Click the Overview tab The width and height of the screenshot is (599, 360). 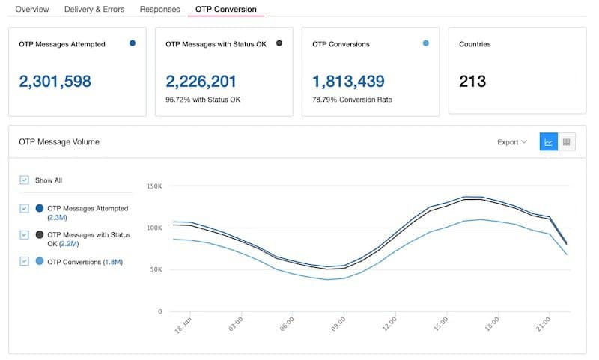(x=32, y=9)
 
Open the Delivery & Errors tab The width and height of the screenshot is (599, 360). (x=94, y=9)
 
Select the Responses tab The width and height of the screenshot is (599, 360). (x=159, y=9)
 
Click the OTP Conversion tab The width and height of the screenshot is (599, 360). (x=225, y=9)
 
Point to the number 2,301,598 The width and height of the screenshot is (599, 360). (x=55, y=81)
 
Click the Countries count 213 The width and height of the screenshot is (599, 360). (x=472, y=81)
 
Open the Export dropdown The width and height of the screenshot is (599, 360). (x=512, y=142)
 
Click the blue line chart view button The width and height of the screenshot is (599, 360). (x=549, y=142)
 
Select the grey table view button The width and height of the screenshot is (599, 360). (x=567, y=142)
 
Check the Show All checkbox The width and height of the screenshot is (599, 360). (x=25, y=180)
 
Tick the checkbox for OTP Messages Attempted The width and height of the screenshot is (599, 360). (x=25, y=208)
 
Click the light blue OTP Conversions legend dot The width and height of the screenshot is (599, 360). (x=39, y=262)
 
